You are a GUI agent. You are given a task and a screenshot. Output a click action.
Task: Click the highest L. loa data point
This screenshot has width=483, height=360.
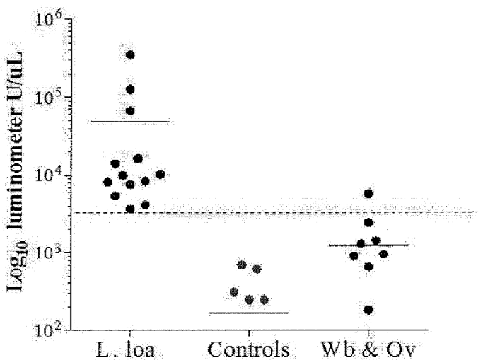pos(131,55)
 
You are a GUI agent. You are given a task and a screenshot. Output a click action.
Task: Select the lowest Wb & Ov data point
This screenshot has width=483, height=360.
pos(368,310)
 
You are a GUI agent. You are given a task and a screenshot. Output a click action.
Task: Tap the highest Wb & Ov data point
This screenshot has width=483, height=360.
pos(369,194)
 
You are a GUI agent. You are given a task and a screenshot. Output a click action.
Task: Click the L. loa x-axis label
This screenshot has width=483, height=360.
pos(129,348)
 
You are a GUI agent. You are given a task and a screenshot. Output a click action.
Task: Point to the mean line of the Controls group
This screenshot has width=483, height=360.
pos(249,313)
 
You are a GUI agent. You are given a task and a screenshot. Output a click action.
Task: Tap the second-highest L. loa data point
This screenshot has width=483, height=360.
pos(131,90)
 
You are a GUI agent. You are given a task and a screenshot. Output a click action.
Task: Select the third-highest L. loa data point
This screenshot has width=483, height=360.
pos(131,111)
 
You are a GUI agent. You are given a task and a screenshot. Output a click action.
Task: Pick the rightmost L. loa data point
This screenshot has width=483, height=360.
pos(160,175)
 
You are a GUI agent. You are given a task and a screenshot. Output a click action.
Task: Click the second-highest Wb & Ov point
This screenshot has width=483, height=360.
pos(369,223)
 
